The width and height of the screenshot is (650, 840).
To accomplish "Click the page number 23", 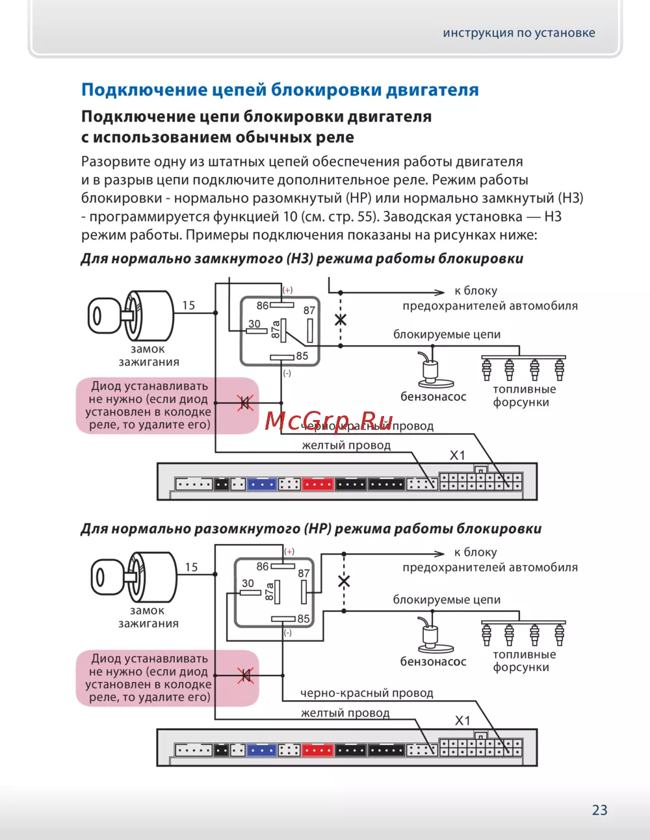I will (x=599, y=809).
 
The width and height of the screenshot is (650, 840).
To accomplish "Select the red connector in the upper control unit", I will (x=318, y=484).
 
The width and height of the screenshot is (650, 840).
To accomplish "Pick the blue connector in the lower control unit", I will (x=262, y=750).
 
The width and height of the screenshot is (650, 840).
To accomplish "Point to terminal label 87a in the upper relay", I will (x=276, y=330).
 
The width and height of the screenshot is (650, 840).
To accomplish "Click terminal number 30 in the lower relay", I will (x=248, y=583).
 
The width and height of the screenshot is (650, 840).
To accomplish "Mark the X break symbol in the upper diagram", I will (x=340, y=319).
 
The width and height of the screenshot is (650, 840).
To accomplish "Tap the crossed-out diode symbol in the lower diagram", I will (x=245, y=676).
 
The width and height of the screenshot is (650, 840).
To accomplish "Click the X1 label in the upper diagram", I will (x=458, y=455).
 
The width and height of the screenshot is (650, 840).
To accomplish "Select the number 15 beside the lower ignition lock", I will (x=191, y=567).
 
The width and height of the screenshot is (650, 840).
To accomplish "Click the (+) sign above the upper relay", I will (x=287, y=290).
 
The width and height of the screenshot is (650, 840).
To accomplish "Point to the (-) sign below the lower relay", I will (x=287, y=633).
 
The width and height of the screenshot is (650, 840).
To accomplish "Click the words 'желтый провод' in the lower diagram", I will (x=345, y=713).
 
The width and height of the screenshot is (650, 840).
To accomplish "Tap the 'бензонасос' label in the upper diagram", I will (x=433, y=397).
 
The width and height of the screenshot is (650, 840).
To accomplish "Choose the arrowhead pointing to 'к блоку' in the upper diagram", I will (x=440, y=292).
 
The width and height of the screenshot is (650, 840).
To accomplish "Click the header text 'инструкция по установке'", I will (x=519, y=33).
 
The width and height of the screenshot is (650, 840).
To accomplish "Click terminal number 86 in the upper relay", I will (x=263, y=306).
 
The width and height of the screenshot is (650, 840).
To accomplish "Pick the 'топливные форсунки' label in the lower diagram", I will (x=524, y=661).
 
